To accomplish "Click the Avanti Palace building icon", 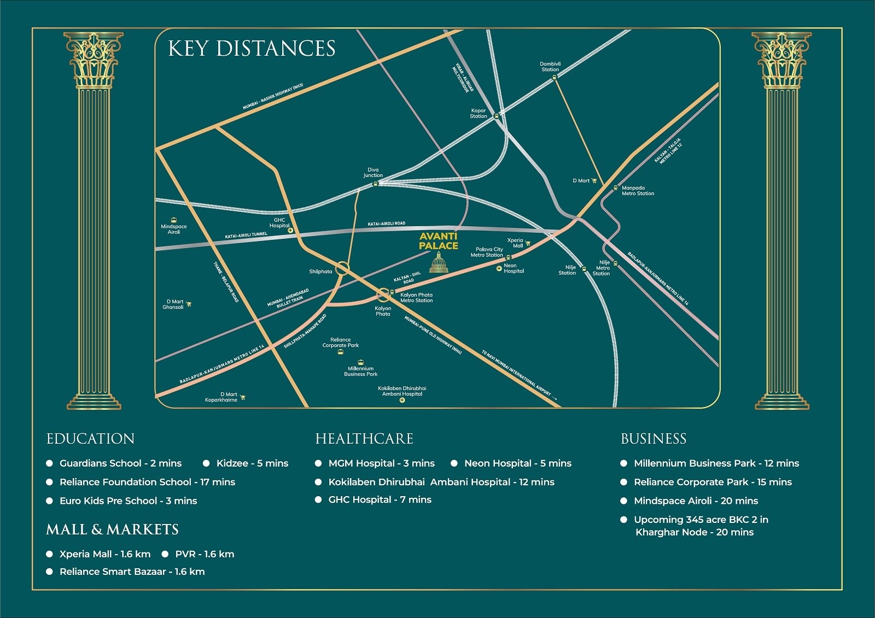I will tap(439, 263).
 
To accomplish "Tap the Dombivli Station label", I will tap(550, 67).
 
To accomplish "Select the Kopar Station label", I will tap(478, 113).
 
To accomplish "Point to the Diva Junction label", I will tap(373, 173).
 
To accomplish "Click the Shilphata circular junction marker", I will tap(342, 268).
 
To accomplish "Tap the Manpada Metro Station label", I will tap(637, 191).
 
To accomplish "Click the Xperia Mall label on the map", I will tap(515, 243).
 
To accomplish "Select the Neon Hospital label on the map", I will tap(514, 268).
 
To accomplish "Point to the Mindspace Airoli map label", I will tap(173, 229).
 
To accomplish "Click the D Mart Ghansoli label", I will tap(174, 304).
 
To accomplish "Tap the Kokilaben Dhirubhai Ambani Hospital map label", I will tap(402, 391).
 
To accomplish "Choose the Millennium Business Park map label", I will tap(360, 372).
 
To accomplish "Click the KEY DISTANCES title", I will tap(252, 49).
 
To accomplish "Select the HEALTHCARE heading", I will tap(364, 439).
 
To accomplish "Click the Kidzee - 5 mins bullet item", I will tap(252, 463).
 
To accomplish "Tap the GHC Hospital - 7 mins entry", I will tap(380, 499).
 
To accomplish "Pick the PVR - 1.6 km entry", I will tap(204, 554).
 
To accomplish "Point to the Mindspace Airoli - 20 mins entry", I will tap(696, 501).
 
